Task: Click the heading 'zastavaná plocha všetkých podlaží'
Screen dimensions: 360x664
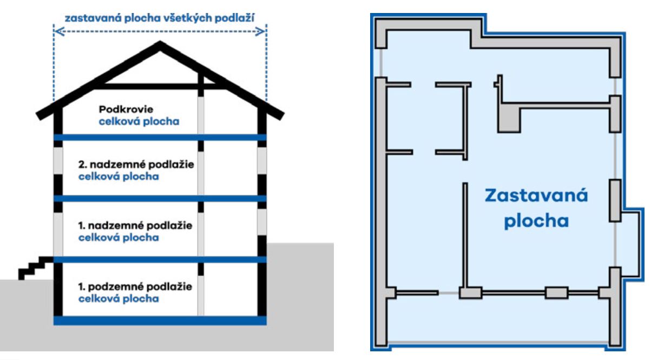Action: (x=160, y=17)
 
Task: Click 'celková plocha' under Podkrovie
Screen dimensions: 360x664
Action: (x=139, y=122)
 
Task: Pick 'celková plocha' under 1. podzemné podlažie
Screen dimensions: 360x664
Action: (x=119, y=298)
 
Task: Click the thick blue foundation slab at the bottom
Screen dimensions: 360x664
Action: (x=160, y=320)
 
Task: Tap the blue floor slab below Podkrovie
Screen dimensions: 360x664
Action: (x=160, y=137)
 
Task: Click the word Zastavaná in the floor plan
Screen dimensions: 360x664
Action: (x=536, y=196)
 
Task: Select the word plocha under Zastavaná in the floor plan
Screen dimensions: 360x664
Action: (x=536, y=221)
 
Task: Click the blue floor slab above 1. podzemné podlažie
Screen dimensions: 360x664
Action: (x=160, y=260)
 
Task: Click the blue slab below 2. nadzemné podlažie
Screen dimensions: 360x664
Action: (x=160, y=198)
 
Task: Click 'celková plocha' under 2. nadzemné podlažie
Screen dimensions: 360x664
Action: (x=119, y=177)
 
